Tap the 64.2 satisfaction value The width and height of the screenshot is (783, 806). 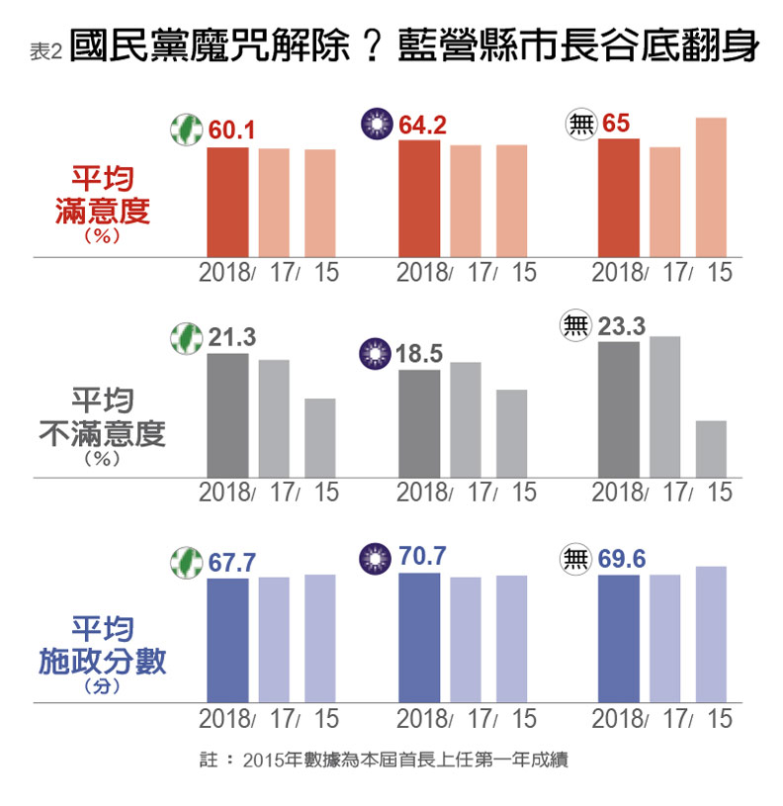click(422, 125)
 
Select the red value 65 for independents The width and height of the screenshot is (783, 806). click(616, 124)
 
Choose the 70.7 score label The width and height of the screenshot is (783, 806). click(422, 557)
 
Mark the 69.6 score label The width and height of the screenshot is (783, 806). click(622, 560)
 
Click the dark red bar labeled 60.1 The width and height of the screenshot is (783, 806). click(227, 202)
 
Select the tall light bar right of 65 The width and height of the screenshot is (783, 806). click(711, 188)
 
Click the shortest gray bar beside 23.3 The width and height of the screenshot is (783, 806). click(711, 449)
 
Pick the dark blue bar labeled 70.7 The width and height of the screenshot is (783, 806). click(419, 638)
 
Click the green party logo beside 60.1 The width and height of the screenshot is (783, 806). click(185, 130)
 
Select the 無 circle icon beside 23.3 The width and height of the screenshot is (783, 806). click(575, 326)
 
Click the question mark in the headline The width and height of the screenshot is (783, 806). click(374, 47)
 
